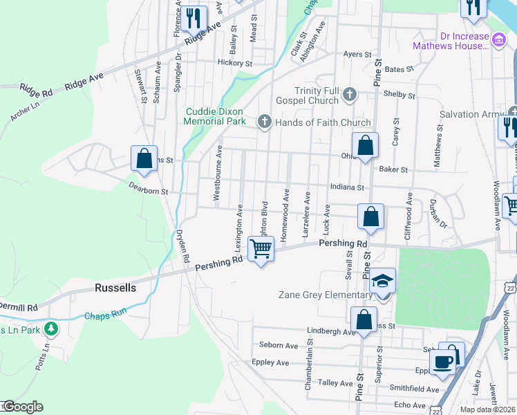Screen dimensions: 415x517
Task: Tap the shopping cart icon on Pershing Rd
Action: pos(261,248)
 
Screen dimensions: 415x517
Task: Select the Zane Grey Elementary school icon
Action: pos(381,282)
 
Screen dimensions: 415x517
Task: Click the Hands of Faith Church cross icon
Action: pos(263,122)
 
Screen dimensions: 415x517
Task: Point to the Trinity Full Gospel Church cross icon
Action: pos(350,93)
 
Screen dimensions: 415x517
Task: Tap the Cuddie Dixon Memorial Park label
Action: pos(215,116)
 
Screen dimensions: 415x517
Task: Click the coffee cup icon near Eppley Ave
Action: pos(442,361)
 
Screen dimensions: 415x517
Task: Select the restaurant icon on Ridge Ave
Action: pos(193,19)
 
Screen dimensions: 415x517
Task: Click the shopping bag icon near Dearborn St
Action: pos(144,158)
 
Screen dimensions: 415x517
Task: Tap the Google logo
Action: pos(22,407)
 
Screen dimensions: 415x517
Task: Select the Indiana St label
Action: pos(346,187)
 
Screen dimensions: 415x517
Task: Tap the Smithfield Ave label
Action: pos(413,389)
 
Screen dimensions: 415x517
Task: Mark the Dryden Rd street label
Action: pos(182,246)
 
